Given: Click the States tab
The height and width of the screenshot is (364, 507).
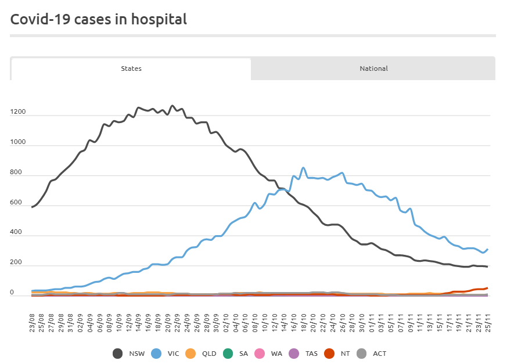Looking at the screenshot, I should pyautogui.click(x=131, y=69).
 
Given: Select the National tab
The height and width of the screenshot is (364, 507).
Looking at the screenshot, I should pyautogui.click(x=373, y=69).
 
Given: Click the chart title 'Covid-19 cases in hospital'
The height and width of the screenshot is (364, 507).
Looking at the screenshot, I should pyautogui.click(x=99, y=19).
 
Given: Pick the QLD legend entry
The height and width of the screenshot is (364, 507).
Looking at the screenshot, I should pyautogui.click(x=200, y=353).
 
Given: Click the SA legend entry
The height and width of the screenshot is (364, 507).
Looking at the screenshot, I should pyautogui.click(x=236, y=353).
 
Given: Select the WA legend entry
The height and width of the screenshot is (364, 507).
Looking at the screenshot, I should pyautogui.click(x=270, y=353).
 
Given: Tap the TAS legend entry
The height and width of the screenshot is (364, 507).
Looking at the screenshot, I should pyautogui.click(x=305, y=353).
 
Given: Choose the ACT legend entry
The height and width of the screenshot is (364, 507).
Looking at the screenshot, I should pyautogui.click(x=374, y=353).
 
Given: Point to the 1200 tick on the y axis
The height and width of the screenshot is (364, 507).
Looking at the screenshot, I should pyautogui.click(x=17, y=112).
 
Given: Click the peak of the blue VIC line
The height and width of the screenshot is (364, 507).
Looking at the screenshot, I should pyautogui.click(x=303, y=168).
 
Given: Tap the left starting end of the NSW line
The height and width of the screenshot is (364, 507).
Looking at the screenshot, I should pyautogui.click(x=32, y=207).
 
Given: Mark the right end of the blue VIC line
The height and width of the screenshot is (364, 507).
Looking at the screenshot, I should pyautogui.click(x=487, y=249).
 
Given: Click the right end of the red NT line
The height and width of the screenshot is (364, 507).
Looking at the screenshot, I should pyautogui.click(x=487, y=288).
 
